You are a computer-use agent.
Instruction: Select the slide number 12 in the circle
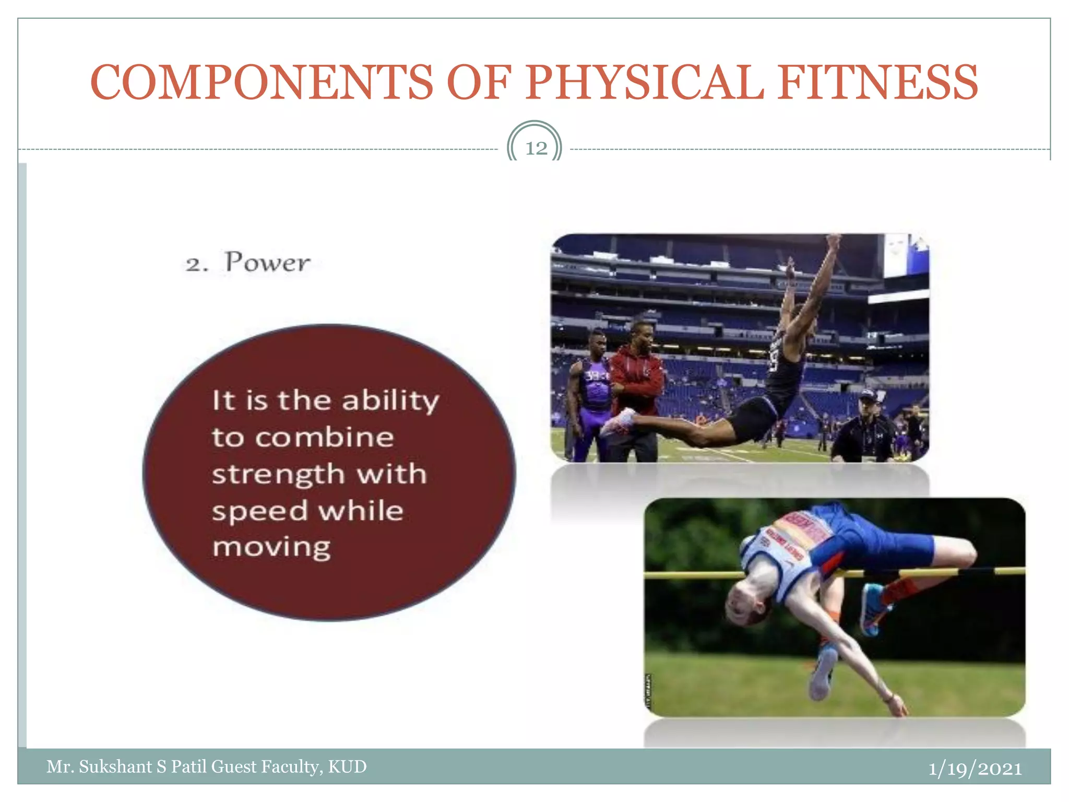536,148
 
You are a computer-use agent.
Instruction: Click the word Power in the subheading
267,263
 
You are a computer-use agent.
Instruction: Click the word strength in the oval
278,475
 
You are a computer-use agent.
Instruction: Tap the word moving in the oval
271,548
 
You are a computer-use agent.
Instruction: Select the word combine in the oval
324,438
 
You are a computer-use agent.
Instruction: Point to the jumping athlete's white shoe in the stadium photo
619,420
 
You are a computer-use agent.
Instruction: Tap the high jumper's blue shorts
887,543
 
